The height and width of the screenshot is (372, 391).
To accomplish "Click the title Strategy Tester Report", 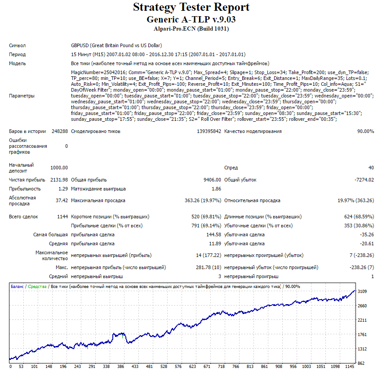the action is coord(191,8).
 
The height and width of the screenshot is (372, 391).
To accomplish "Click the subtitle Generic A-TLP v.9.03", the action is coord(191,19).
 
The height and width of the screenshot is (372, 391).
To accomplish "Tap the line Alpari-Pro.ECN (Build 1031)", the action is coord(191,29).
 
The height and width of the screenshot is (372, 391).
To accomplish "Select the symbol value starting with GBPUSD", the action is coord(116,46).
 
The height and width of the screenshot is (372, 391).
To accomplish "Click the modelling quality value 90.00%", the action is coord(365,131).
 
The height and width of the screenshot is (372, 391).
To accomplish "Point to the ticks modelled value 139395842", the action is coord(209,131).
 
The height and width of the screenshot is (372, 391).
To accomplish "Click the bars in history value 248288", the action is coord(60,131).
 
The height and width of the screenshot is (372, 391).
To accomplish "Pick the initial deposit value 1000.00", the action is coord(59,168).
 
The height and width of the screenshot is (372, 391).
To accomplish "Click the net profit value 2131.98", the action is coord(59,180).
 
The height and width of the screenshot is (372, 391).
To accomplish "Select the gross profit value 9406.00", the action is coord(212,180).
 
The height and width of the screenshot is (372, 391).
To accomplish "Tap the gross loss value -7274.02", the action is coord(364,180).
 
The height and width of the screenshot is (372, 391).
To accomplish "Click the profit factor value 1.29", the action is coord(63,189).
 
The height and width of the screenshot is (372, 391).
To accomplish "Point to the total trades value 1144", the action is coord(62,217).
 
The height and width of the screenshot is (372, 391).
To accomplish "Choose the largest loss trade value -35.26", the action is coord(367,235).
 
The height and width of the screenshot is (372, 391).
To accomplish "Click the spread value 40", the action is coord(371,168).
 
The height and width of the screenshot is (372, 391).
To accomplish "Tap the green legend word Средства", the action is coord(37,287).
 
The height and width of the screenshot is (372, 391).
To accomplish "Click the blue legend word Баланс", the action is coord(17,287).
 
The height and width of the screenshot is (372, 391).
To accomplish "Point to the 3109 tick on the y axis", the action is coord(362,292).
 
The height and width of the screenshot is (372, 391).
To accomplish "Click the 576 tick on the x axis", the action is coord(178,367).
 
